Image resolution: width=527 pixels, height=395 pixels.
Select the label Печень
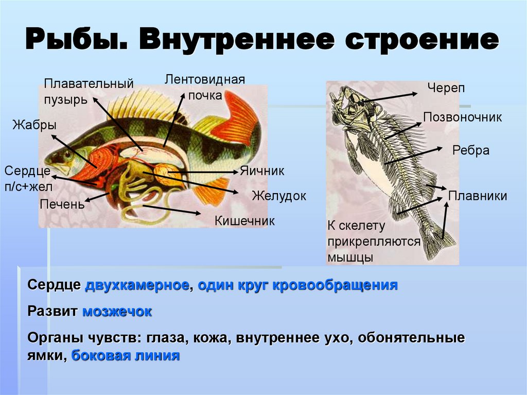(x=62, y=204)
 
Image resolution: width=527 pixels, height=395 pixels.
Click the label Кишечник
(x=244, y=221)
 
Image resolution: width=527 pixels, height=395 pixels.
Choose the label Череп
(x=446, y=88)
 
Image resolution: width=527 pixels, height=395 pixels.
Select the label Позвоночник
(x=462, y=117)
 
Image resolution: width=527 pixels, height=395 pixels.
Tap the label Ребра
(x=470, y=150)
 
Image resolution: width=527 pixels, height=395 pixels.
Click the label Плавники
(x=478, y=196)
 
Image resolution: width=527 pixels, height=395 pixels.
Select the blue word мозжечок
(x=117, y=311)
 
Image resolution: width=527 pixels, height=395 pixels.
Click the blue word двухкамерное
(x=137, y=285)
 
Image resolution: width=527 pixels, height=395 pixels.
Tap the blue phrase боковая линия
(x=126, y=355)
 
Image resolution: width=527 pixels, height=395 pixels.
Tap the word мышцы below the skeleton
(x=350, y=257)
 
